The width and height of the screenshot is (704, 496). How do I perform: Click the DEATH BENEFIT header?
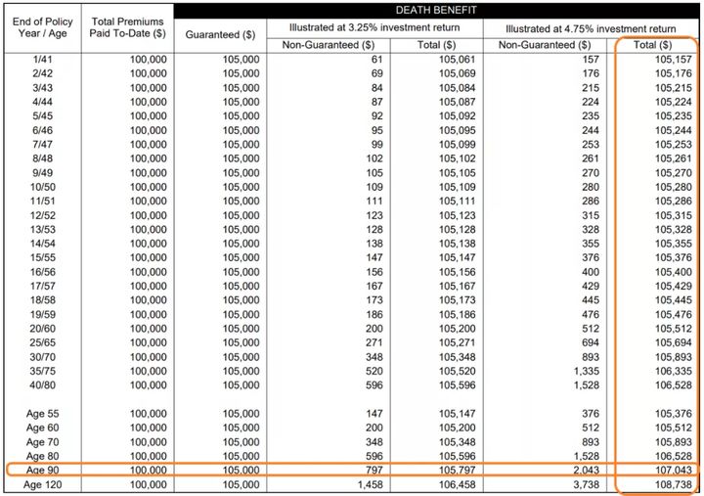[437, 11]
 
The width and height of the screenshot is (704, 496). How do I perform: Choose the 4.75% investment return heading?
[591, 27]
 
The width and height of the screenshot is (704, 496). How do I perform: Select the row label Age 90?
[41, 470]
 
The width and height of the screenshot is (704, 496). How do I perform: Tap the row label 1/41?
[41, 60]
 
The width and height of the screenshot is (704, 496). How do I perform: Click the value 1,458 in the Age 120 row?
[370, 484]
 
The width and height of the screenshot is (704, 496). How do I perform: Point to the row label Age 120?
[41, 484]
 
